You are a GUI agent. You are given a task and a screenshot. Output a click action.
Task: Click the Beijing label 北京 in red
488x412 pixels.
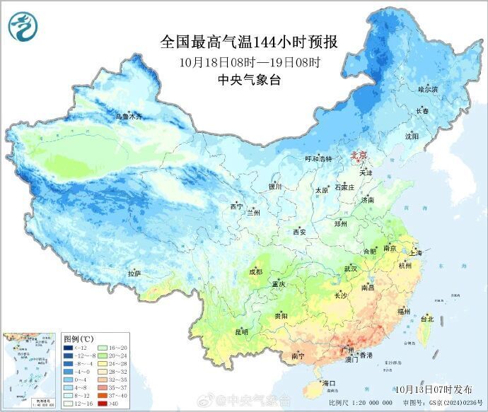pos(359,155)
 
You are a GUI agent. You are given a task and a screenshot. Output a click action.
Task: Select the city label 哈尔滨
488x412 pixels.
pos(428,90)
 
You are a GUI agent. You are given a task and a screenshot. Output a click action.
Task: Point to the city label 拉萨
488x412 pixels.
pos(134,273)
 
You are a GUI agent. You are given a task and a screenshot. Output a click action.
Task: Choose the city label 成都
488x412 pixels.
pos(255,271)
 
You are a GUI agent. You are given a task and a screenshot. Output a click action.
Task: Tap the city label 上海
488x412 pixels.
pos(414,253)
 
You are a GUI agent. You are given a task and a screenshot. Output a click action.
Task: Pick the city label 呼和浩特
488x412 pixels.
pos(318,159)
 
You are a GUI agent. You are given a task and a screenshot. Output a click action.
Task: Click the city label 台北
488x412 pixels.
pos(426,319)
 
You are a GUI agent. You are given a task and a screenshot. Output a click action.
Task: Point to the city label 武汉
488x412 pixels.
pos(350,269)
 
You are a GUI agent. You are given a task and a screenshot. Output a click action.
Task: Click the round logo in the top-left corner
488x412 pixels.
pos(23,26)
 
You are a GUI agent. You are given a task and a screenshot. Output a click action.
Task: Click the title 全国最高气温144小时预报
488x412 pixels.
pos(249,42)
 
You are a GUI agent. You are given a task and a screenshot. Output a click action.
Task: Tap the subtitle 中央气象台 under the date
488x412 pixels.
pos(249,80)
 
